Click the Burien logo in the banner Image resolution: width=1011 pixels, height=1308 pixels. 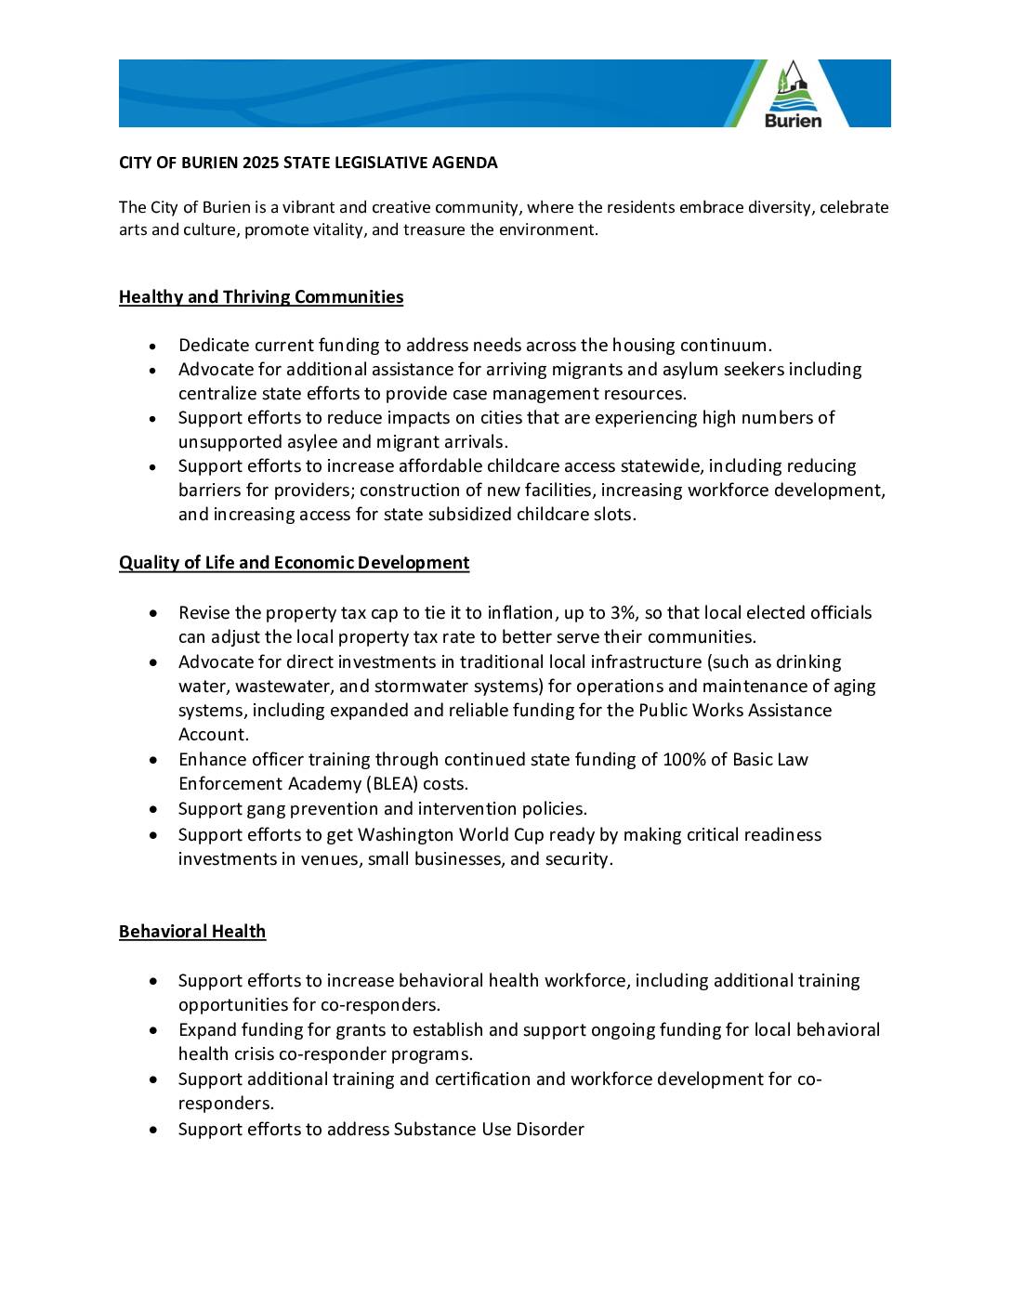793,95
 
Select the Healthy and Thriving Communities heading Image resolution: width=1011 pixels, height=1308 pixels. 261,297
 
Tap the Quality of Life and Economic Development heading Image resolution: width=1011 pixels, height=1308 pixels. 294,563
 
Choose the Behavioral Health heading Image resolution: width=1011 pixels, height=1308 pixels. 192,932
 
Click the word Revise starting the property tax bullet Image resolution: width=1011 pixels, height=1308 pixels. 204,613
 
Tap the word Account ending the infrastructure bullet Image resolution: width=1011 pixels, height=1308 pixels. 213,735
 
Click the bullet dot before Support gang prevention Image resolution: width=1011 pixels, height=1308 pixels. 153,810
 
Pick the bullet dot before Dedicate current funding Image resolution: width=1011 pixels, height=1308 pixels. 153,347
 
